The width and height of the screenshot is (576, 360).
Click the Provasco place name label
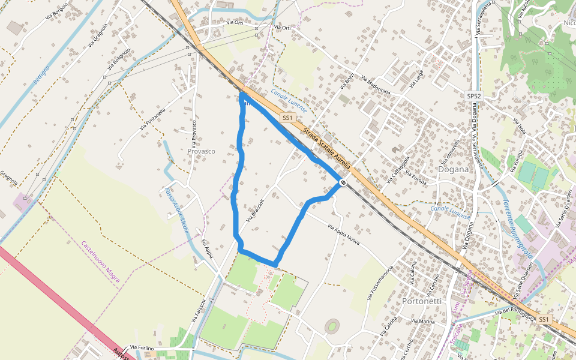[201, 151]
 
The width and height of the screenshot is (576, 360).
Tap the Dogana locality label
[453, 169]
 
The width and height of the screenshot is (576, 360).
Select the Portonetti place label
[422, 301]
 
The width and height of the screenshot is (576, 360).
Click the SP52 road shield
[474, 96]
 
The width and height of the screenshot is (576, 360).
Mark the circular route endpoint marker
[343, 182]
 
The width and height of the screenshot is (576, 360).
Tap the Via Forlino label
[142, 347]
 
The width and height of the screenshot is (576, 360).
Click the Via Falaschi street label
[199, 311]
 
